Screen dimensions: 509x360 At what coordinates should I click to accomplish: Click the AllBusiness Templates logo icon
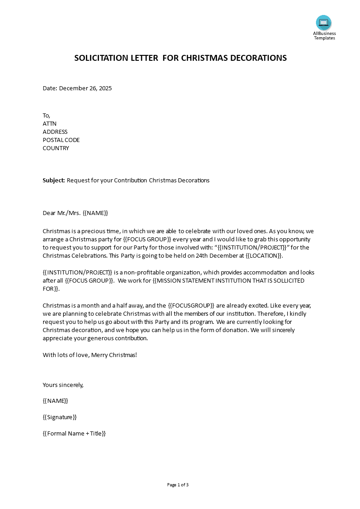pyautogui.click(x=324, y=22)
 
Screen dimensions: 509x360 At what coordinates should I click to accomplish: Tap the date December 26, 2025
pyautogui.click(x=85, y=88)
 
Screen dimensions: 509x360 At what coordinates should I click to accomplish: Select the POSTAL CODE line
pyautogui.click(x=61, y=140)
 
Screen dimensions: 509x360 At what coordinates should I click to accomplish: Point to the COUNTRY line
pyautogui.click(x=56, y=148)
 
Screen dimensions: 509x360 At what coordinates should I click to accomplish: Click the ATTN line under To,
pyautogui.click(x=49, y=124)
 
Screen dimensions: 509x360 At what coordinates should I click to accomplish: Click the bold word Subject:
pyautogui.click(x=54, y=181)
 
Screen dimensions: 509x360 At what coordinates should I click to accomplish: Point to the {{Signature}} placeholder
pyautogui.click(x=59, y=417)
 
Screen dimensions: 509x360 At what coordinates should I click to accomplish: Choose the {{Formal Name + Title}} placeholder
pyautogui.click(x=74, y=434)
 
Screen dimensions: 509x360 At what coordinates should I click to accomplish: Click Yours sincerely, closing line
pyautogui.click(x=63, y=385)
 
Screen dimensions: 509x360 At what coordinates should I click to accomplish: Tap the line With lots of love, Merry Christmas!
pyautogui.click(x=89, y=355)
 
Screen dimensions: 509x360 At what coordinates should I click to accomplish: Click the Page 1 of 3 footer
pyautogui.click(x=178, y=485)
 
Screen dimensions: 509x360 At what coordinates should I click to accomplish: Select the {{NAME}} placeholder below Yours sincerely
pyautogui.click(x=55, y=401)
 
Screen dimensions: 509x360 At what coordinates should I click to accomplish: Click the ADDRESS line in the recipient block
pyautogui.click(x=55, y=132)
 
